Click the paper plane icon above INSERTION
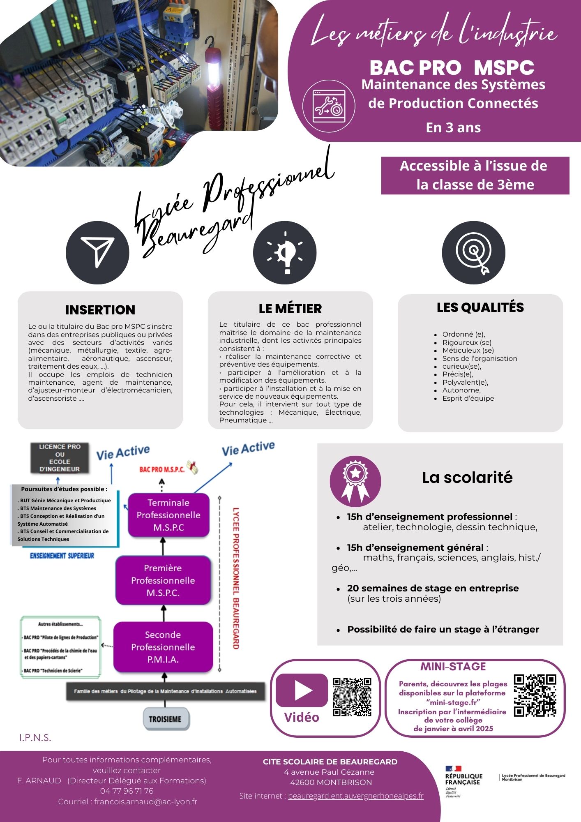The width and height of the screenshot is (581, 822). (x=97, y=252)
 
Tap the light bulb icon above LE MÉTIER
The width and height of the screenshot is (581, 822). (x=285, y=252)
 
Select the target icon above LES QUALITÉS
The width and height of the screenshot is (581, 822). (x=473, y=252)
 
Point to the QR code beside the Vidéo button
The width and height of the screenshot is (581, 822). (x=352, y=697)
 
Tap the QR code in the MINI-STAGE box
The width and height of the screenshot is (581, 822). (x=535, y=695)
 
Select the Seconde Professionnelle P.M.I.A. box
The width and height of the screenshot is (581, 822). (x=163, y=647)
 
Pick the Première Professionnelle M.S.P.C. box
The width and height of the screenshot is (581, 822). (x=163, y=580)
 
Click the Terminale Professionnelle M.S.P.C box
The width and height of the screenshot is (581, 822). (x=168, y=515)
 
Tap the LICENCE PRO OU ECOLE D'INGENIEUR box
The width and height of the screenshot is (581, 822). (x=60, y=457)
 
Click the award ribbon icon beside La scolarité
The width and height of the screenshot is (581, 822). (x=355, y=481)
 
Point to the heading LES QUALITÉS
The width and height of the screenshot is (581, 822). (x=480, y=307)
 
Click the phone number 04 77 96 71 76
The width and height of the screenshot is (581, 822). (x=127, y=791)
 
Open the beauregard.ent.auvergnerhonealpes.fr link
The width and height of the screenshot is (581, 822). (x=355, y=796)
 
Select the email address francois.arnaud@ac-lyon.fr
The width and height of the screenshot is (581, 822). (x=145, y=801)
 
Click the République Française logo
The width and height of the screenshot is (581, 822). (x=463, y=781)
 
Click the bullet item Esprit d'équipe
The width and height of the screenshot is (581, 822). (x=468, y=398)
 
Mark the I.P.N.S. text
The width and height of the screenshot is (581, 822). (x=35, y=738)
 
